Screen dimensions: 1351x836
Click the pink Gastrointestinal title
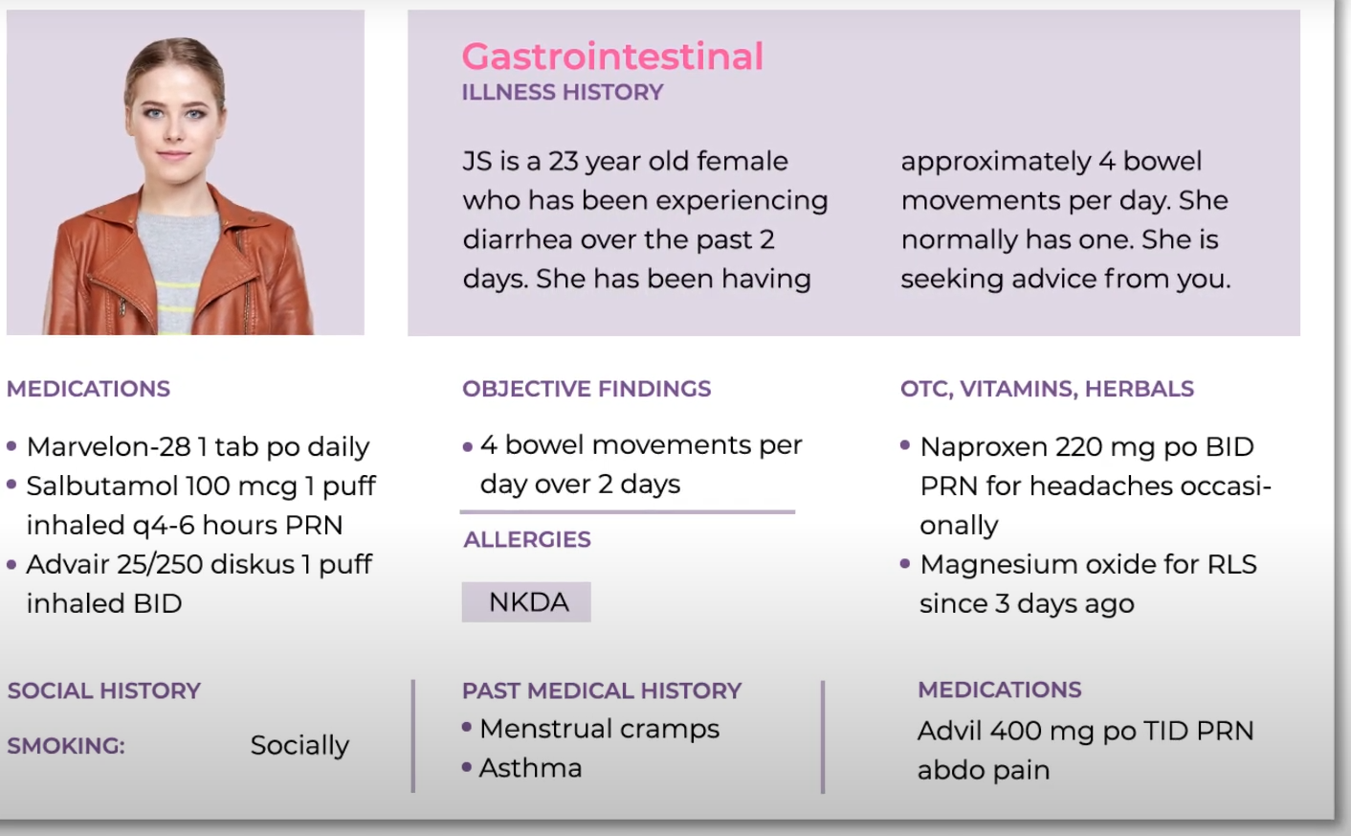[612, 56]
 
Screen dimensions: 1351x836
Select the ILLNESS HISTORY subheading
[562, 92]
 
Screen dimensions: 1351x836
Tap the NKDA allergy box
[526, 601]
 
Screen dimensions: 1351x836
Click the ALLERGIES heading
[526, 539]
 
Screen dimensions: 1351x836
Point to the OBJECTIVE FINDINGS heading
[587, 389]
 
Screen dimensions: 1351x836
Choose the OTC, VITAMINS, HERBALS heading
[1047, 389]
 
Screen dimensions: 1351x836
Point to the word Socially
[299, 745]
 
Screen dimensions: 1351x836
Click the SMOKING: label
[66, 746]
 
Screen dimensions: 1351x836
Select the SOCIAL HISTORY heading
[103, 690]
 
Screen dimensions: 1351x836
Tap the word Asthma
[530, 768]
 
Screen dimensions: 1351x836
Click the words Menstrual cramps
[599, 729]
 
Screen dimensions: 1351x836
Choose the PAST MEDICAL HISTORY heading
[601, 690]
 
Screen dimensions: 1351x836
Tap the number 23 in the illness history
[563, 161]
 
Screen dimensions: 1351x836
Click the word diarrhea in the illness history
[518, 239]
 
